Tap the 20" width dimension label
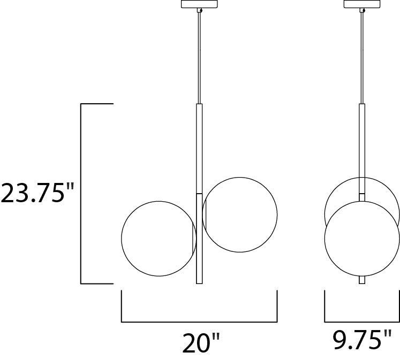tap(201, 343)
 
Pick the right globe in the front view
tap(241, 215)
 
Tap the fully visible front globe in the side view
tap(362, 239)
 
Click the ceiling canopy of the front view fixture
tap(199, 4)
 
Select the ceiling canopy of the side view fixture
tap(362, 4)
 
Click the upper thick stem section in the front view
tap(199, 147)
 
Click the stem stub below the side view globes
tap(362, 280)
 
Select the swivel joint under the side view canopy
tap(363, 10)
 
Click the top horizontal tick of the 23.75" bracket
tap(96, 104)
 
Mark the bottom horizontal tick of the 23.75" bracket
tap(96, 284)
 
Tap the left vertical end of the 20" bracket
tap(122, 306)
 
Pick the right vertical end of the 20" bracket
tap(277, 306)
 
